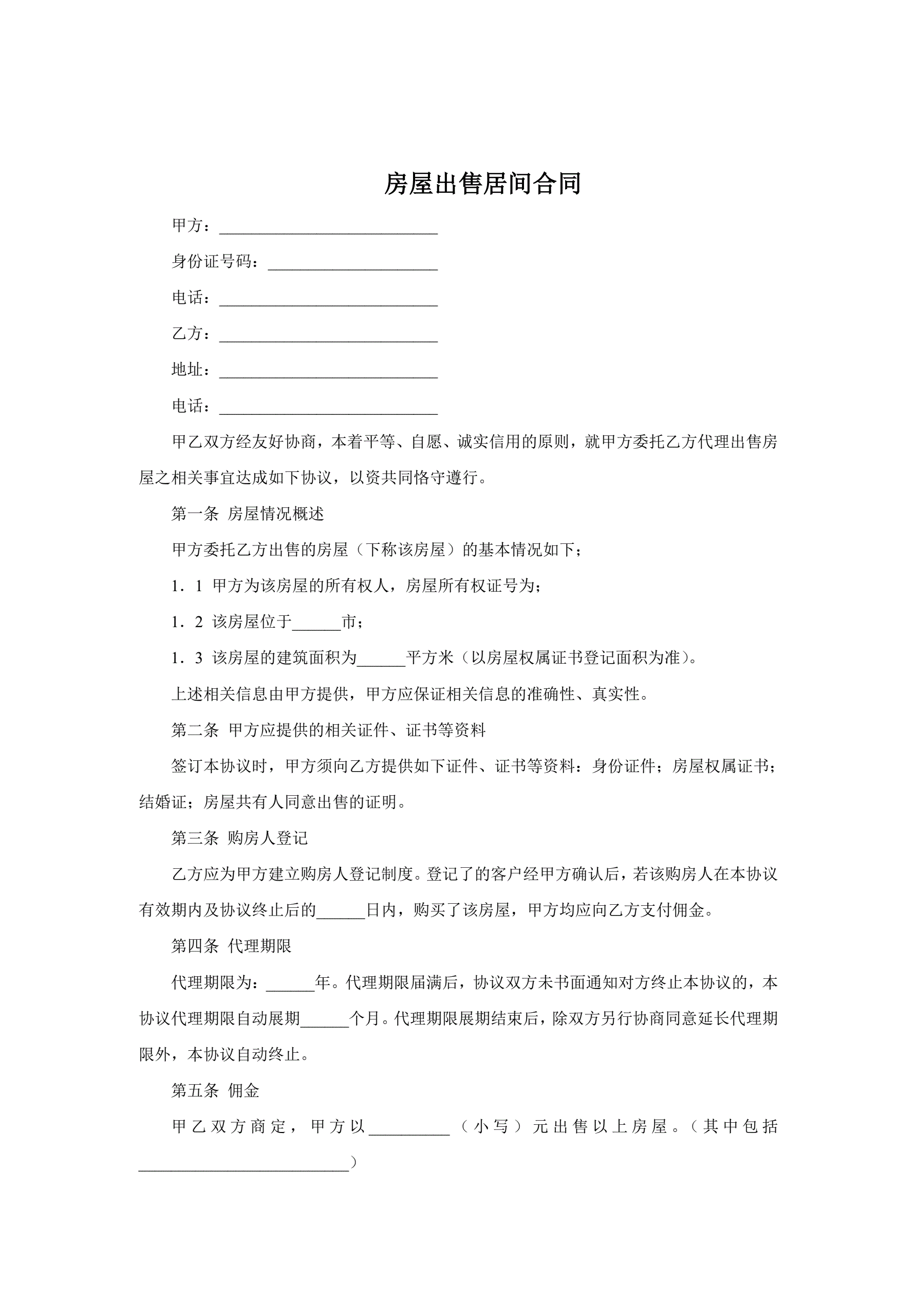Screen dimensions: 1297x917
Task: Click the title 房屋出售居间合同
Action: pyautogui.click(x=482, y=184)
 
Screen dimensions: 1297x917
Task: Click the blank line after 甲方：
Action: pyautogui.click(x=328, y=228)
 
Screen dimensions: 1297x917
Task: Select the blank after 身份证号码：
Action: pyautogui.click(x=352, y=264)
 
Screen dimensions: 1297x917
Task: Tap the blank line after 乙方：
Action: pyautogui.click(x=328, y=336)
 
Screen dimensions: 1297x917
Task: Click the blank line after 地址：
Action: pyautogui.click(x=328, y=372)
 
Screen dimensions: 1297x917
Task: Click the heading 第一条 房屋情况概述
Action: pyautogui.click(x=248, y=514)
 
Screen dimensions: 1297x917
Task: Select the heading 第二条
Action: pyautogui.click(x=195, y=730)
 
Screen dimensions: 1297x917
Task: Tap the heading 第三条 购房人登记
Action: pyautogui.click(x=239, y=838)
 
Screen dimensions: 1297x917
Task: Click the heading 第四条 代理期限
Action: pyautogui.click(x=232, y=946)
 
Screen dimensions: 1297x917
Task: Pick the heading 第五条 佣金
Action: pyautogui.click(x=215, y=1090)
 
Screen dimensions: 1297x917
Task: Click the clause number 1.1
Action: pyautogui.click(x=187, y=587)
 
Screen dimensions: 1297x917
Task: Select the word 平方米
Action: pyautogui.click(x=429, y=658)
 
